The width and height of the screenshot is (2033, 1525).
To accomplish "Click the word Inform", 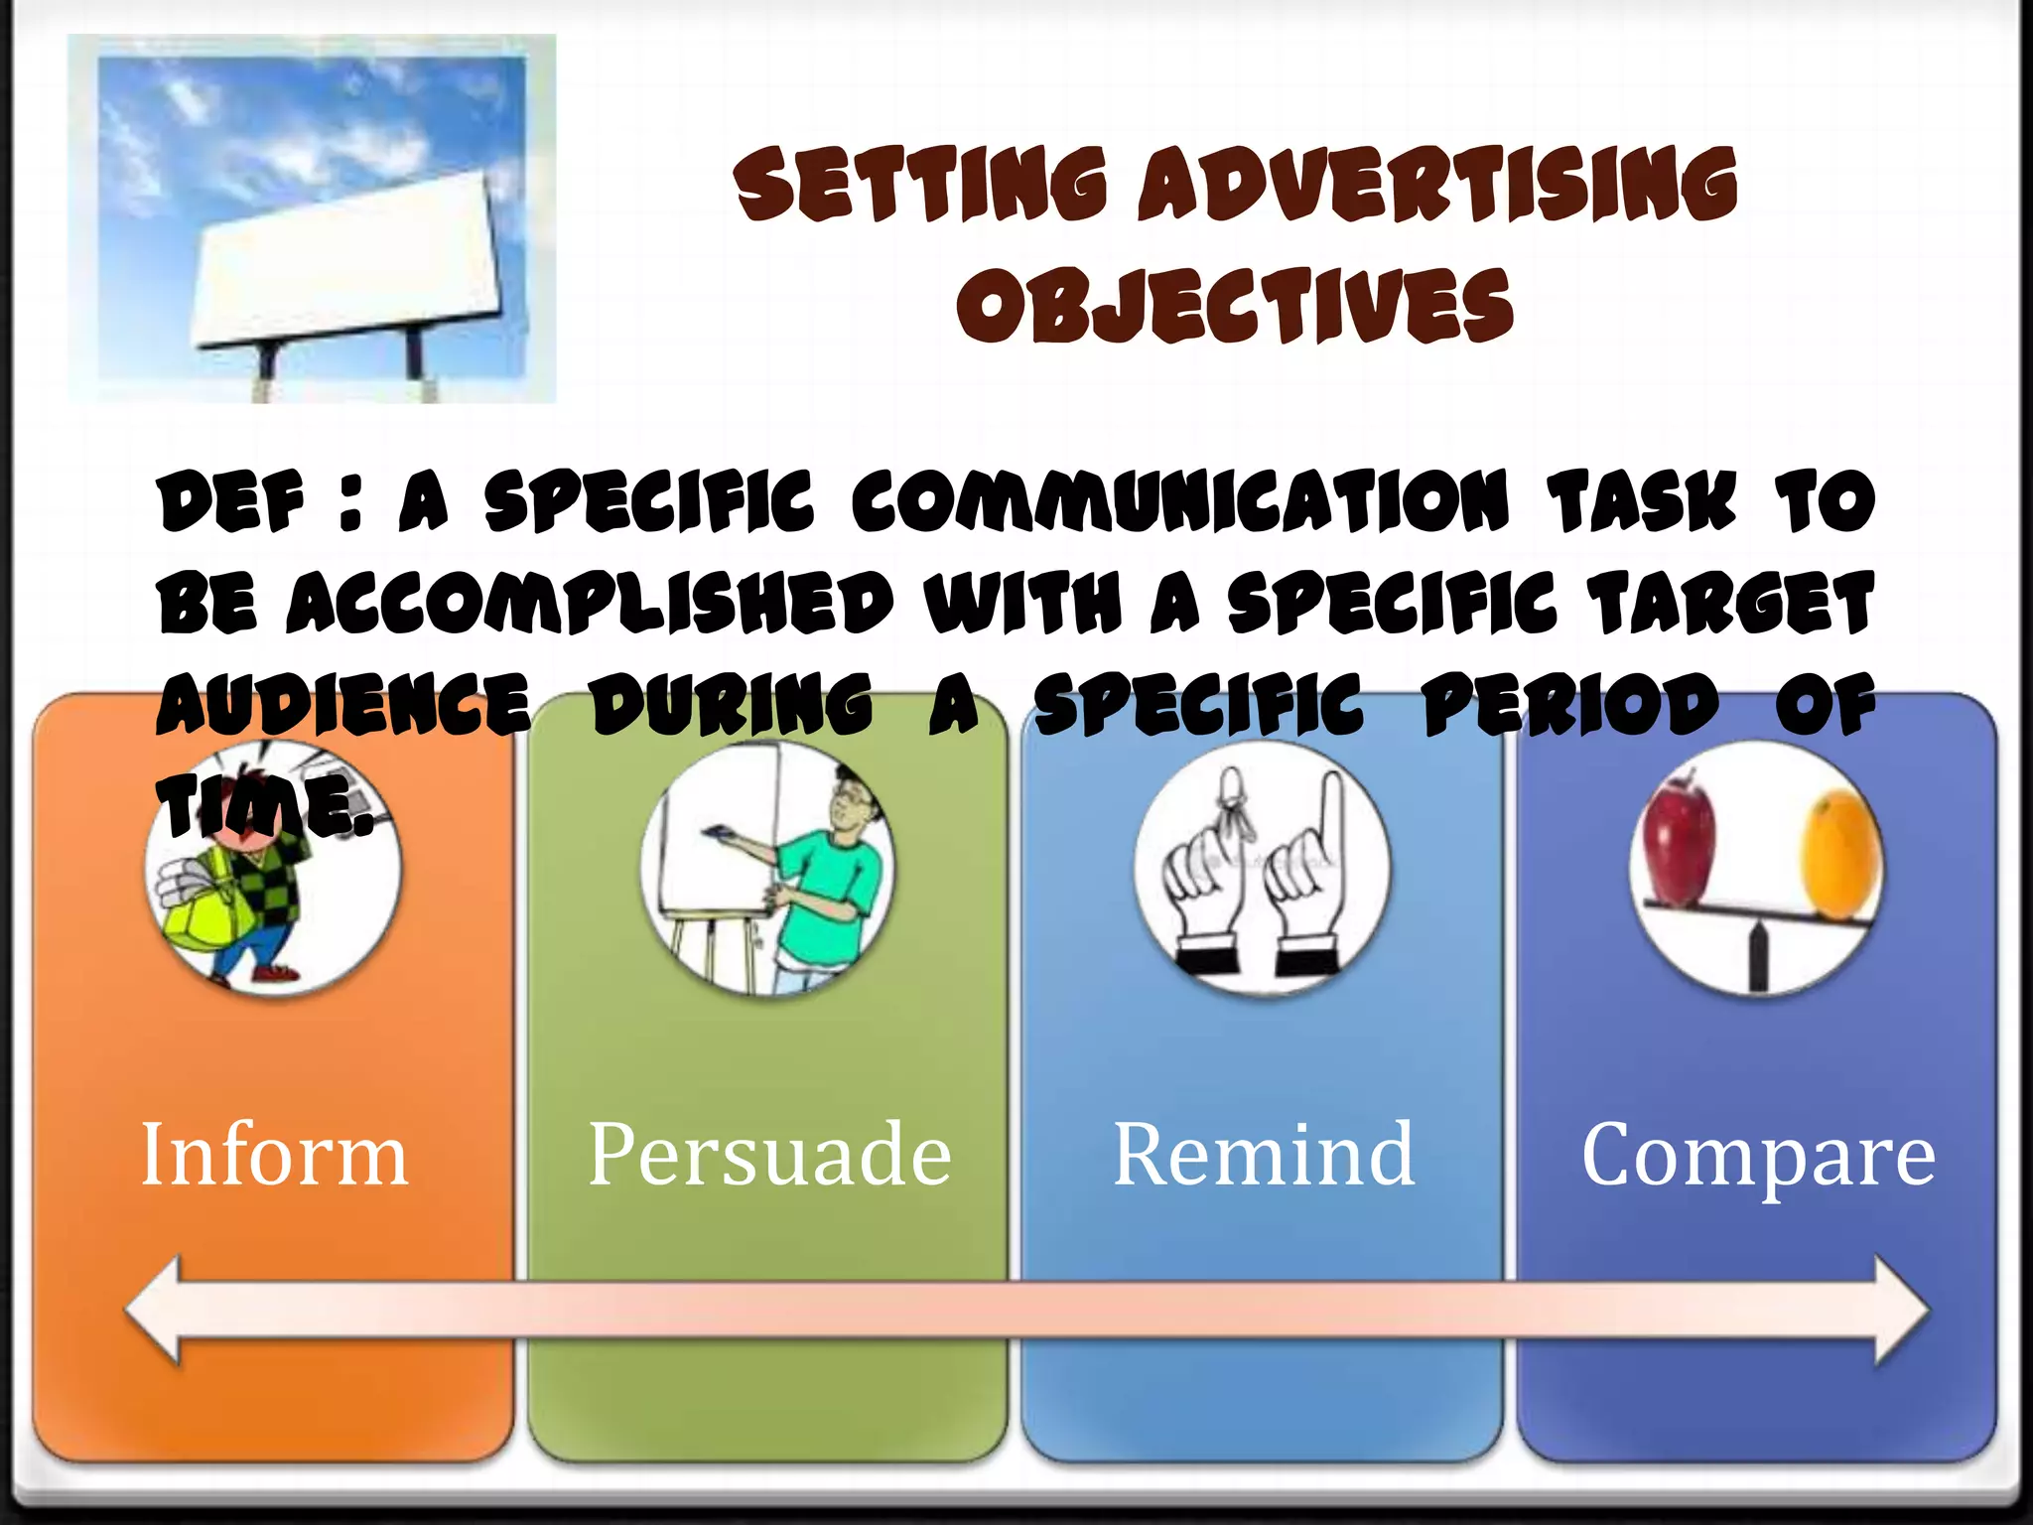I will pos(275,1155).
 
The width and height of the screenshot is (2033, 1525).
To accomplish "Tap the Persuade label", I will pos(769,1155).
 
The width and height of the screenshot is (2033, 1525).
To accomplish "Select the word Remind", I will pos(1264,1155).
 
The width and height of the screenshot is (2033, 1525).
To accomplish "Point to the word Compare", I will pos(1758,1155).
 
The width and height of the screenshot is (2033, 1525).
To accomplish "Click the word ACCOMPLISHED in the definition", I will pos(592,604).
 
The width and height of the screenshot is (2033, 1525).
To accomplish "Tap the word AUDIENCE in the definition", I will pos(343,705).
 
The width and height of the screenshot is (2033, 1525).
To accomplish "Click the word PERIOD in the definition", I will pos(1569,705).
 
